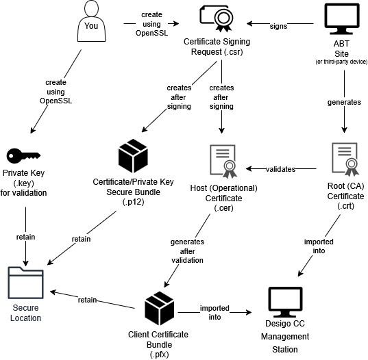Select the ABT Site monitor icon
click(x=341, y=19)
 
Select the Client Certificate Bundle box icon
click(x=160, y=310)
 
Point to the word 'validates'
click(x=280, y=168)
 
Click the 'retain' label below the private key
click(x=25, y=237)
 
